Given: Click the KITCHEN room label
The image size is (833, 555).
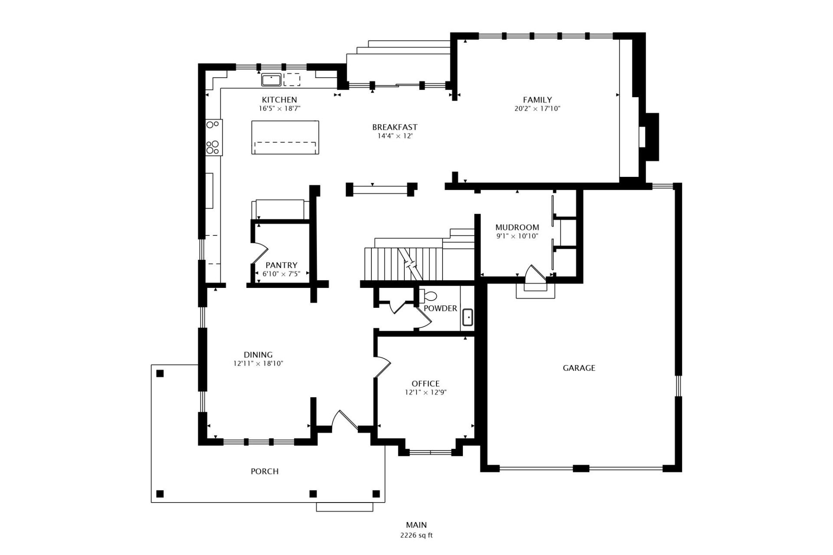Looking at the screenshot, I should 279,100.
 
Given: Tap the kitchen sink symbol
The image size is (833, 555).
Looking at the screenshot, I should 271,80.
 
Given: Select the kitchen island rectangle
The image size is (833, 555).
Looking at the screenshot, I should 285,137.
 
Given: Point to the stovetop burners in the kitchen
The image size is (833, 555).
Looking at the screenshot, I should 213,137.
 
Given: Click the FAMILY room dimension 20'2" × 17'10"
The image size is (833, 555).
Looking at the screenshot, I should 537,109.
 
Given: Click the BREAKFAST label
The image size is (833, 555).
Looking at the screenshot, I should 394,127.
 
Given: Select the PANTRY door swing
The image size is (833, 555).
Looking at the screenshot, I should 260,253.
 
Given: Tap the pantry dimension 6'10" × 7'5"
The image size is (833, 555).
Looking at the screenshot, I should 281,274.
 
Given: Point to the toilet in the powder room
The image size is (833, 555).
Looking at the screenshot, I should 429,297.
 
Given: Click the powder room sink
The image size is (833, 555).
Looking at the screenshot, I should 468,317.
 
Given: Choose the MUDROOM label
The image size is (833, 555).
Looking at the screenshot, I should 517,227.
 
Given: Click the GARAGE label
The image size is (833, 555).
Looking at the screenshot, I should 579,368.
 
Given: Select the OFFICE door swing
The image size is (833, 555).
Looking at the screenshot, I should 383,366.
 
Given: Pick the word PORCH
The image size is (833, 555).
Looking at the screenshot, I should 265,471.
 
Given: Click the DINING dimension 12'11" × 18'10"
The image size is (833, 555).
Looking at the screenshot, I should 258,364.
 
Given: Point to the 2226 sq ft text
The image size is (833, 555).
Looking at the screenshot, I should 416,535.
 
